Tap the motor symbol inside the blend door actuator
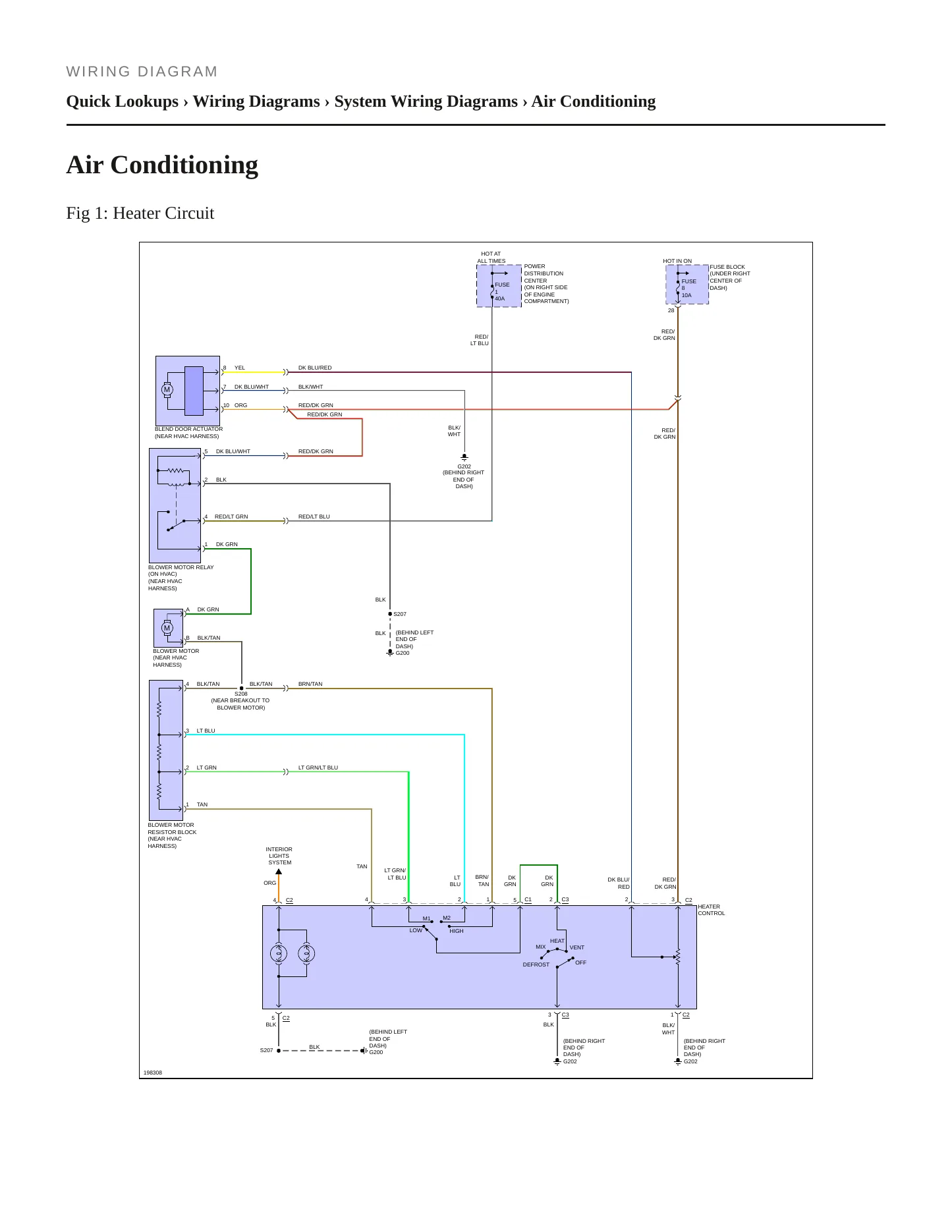point(167,389)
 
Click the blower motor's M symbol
point(167,628)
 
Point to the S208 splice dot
point(242,688)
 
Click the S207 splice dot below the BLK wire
point(390,614)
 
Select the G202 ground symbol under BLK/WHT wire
point(464,457)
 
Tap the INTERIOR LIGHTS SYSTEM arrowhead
point(279,872)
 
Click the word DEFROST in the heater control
point(536,965)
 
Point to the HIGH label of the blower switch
point(457,931)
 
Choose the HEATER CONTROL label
point(712,910)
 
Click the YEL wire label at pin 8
point(240,368)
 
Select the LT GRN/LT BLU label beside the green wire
point(318,768)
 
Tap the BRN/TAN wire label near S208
point(310,684)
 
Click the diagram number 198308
point(153,1073)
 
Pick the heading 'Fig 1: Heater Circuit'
point(140,213)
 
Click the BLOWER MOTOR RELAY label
point(181,567)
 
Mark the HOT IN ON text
point(677,261)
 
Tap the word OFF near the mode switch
point(580,963)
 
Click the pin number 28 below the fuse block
point(671,310)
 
